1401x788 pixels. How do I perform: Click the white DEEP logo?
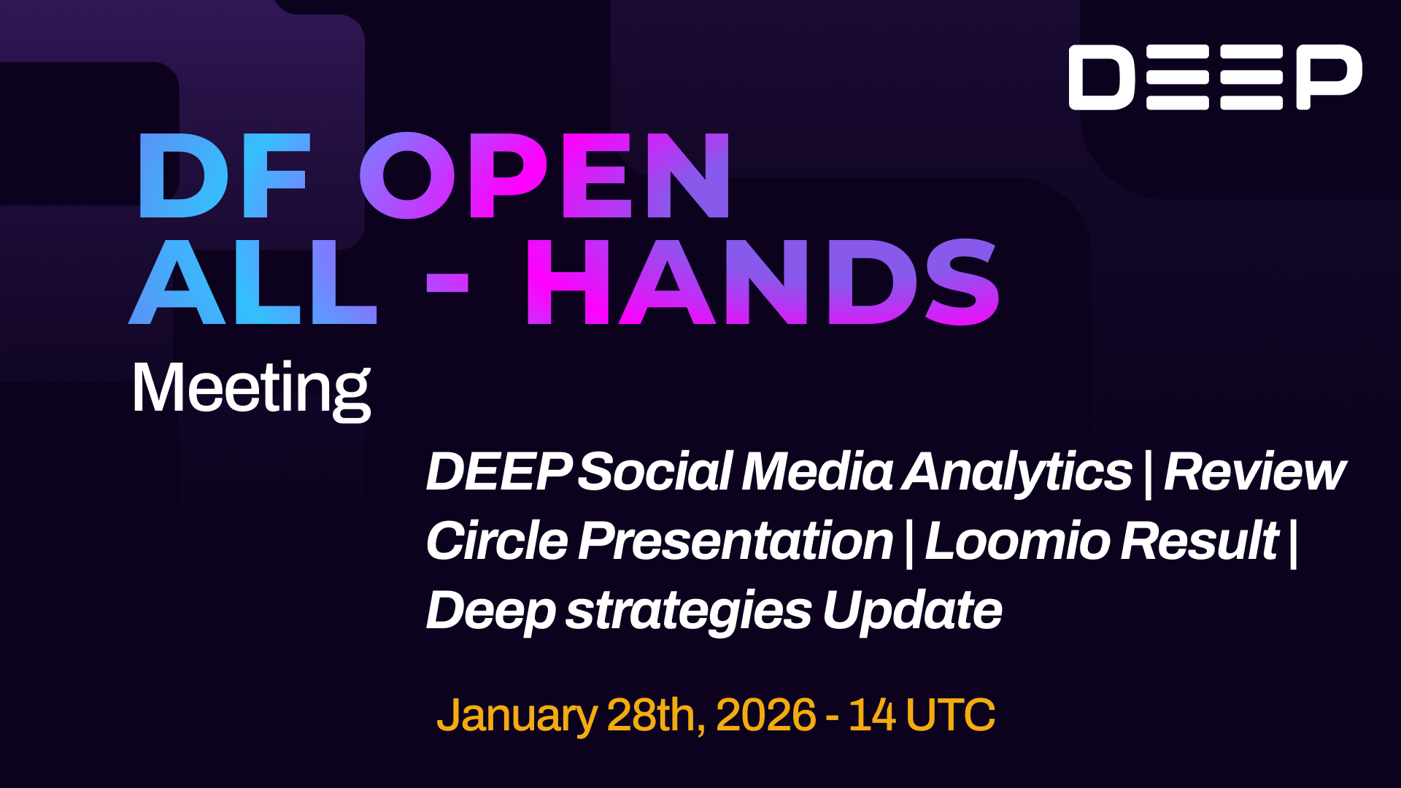click(x=1215, y=77)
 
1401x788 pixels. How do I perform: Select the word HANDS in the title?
click(x=763, y=282)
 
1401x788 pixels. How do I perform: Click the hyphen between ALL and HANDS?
click(x=447, y=282)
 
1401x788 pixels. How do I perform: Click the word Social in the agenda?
click(x=655, y=471)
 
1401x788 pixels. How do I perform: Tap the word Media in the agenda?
click(x=817, y=471)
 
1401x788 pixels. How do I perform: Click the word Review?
click(x=1254, y=471)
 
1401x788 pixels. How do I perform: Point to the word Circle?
click(x=497, y=541)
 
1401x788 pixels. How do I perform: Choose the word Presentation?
click(x=736, y=541)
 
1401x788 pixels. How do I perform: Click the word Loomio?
click(x=1017, y=541)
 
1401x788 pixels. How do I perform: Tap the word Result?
click(x=1200, y=541)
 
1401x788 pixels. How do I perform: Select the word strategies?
click(x=689, y=611)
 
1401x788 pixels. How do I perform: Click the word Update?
click(x=912, y=610)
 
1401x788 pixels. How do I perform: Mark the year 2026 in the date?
click(x=765, y=714)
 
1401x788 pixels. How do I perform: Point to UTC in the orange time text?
click(x=950, y=714)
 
